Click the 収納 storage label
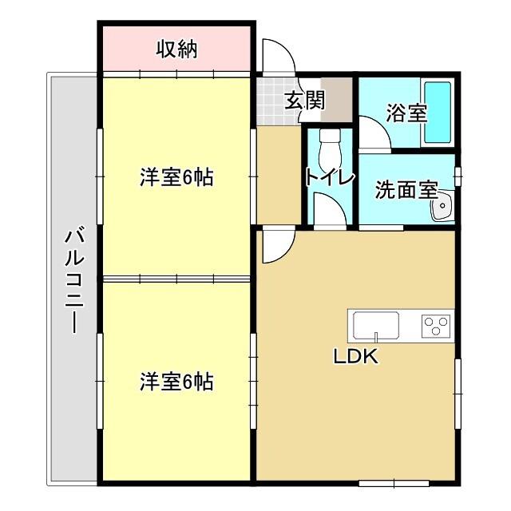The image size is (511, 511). pos(176,50)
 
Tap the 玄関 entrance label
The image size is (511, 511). pos(304,101)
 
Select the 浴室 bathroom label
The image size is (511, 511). pos(406,113)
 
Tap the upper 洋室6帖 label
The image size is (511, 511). pos(176,178)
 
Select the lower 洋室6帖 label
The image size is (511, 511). pos(176,382)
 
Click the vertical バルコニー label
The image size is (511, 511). pos(73,279)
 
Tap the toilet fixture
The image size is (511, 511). pos(328,145)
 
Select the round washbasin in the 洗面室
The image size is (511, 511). pos(441,209)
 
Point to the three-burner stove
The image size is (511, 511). pos(436,325)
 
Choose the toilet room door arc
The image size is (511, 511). pos(327,209)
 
